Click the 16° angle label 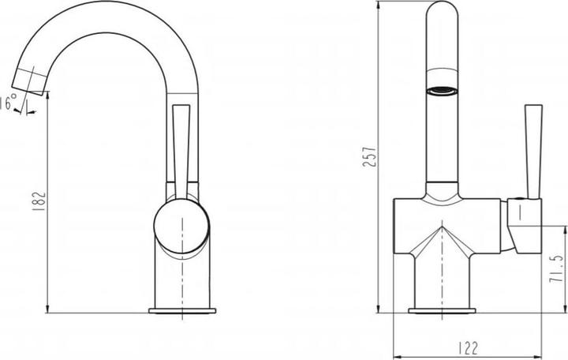pos(9,103)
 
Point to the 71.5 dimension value pos(557,268)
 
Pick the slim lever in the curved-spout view pos(180,150)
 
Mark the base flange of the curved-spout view pos(182,307)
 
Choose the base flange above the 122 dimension pos(442,307)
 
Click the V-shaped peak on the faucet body pos(443,229)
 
